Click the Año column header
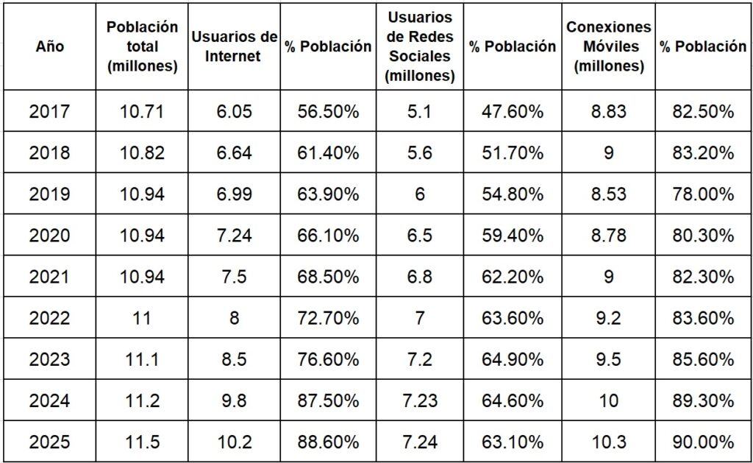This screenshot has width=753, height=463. [49, 46]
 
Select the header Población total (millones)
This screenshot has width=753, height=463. [142, 46]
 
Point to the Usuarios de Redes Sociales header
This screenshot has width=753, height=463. [420, 46]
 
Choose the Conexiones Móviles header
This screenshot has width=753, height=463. [608, 46]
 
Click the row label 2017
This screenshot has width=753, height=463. [49, 112]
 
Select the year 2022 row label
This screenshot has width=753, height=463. [49, 318]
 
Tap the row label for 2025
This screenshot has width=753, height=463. [49, 442]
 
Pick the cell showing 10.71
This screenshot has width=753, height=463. [142, 112]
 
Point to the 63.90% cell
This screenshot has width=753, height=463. [328, 194]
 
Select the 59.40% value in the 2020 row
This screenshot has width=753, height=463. [513, 236]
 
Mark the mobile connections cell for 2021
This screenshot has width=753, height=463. [608, 277]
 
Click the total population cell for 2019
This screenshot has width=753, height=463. [142, 194]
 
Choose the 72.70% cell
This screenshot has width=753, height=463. [328, 318]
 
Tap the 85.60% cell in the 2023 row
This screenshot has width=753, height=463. [702, 360]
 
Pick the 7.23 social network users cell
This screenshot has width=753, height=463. [420, 401]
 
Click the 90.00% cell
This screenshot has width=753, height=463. [702, 442]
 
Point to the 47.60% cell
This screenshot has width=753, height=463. [513, 112]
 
